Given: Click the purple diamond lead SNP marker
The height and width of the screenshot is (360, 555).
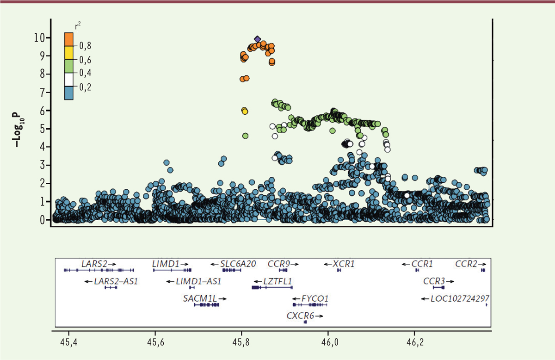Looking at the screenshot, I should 258,39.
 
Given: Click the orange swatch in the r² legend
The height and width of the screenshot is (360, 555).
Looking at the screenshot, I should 69,39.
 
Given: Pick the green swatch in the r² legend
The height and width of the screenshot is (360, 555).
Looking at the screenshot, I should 69,66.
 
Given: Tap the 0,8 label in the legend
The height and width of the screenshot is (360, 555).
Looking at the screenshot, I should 85,46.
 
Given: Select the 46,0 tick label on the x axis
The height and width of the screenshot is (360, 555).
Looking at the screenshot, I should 328,344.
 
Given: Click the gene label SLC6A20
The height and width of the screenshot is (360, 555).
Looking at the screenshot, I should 238,264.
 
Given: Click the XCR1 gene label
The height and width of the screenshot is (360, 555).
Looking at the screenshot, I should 343,264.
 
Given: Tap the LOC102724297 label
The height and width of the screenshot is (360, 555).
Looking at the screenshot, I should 460,298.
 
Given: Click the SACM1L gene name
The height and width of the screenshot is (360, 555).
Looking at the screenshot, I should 200,298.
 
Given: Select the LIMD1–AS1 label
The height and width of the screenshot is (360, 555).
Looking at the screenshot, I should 199,281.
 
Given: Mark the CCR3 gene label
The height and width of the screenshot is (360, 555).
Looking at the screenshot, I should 434,281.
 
